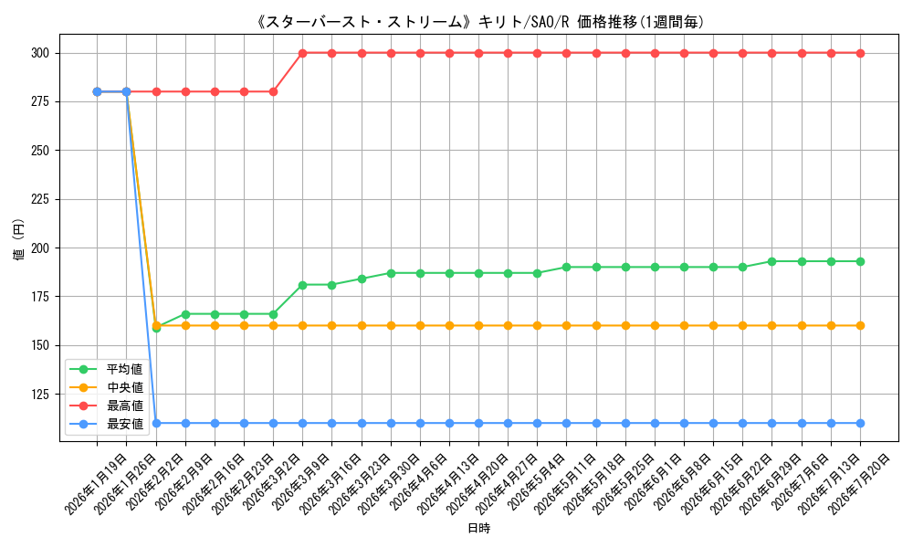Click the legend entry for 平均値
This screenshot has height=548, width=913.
106,369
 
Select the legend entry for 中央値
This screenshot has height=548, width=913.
106,387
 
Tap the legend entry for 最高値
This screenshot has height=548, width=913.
106,406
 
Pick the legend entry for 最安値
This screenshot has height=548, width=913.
106,424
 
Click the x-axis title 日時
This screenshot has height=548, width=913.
478,528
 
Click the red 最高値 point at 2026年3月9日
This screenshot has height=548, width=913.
303,53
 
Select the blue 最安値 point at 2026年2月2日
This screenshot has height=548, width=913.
156,424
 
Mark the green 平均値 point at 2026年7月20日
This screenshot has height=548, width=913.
860,261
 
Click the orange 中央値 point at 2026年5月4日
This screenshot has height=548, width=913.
537,325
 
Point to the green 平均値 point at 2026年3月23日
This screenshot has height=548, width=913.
362,279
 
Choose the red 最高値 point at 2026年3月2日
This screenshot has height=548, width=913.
273,91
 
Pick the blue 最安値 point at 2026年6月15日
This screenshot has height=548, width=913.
713,424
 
